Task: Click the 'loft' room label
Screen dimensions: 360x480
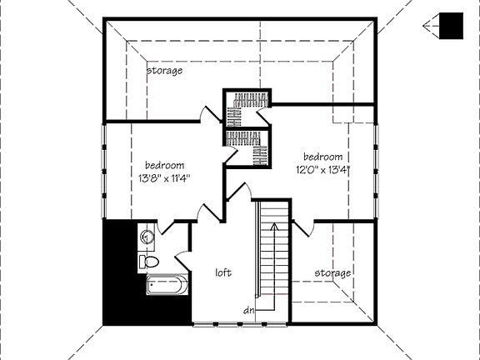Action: click(222, 272)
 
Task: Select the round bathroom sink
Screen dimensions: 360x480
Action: click(147, 236)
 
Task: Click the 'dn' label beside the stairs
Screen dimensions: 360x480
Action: click(248, 311)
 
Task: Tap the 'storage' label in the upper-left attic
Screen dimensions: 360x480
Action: click(165, 71)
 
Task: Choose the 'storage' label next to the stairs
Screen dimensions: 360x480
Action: click(332, 272)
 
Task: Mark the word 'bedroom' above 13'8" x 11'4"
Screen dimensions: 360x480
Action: click(164, 165)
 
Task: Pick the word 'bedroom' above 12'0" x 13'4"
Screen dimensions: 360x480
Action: click(322, 157)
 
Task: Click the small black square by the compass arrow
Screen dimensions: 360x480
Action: click(451, 26)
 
